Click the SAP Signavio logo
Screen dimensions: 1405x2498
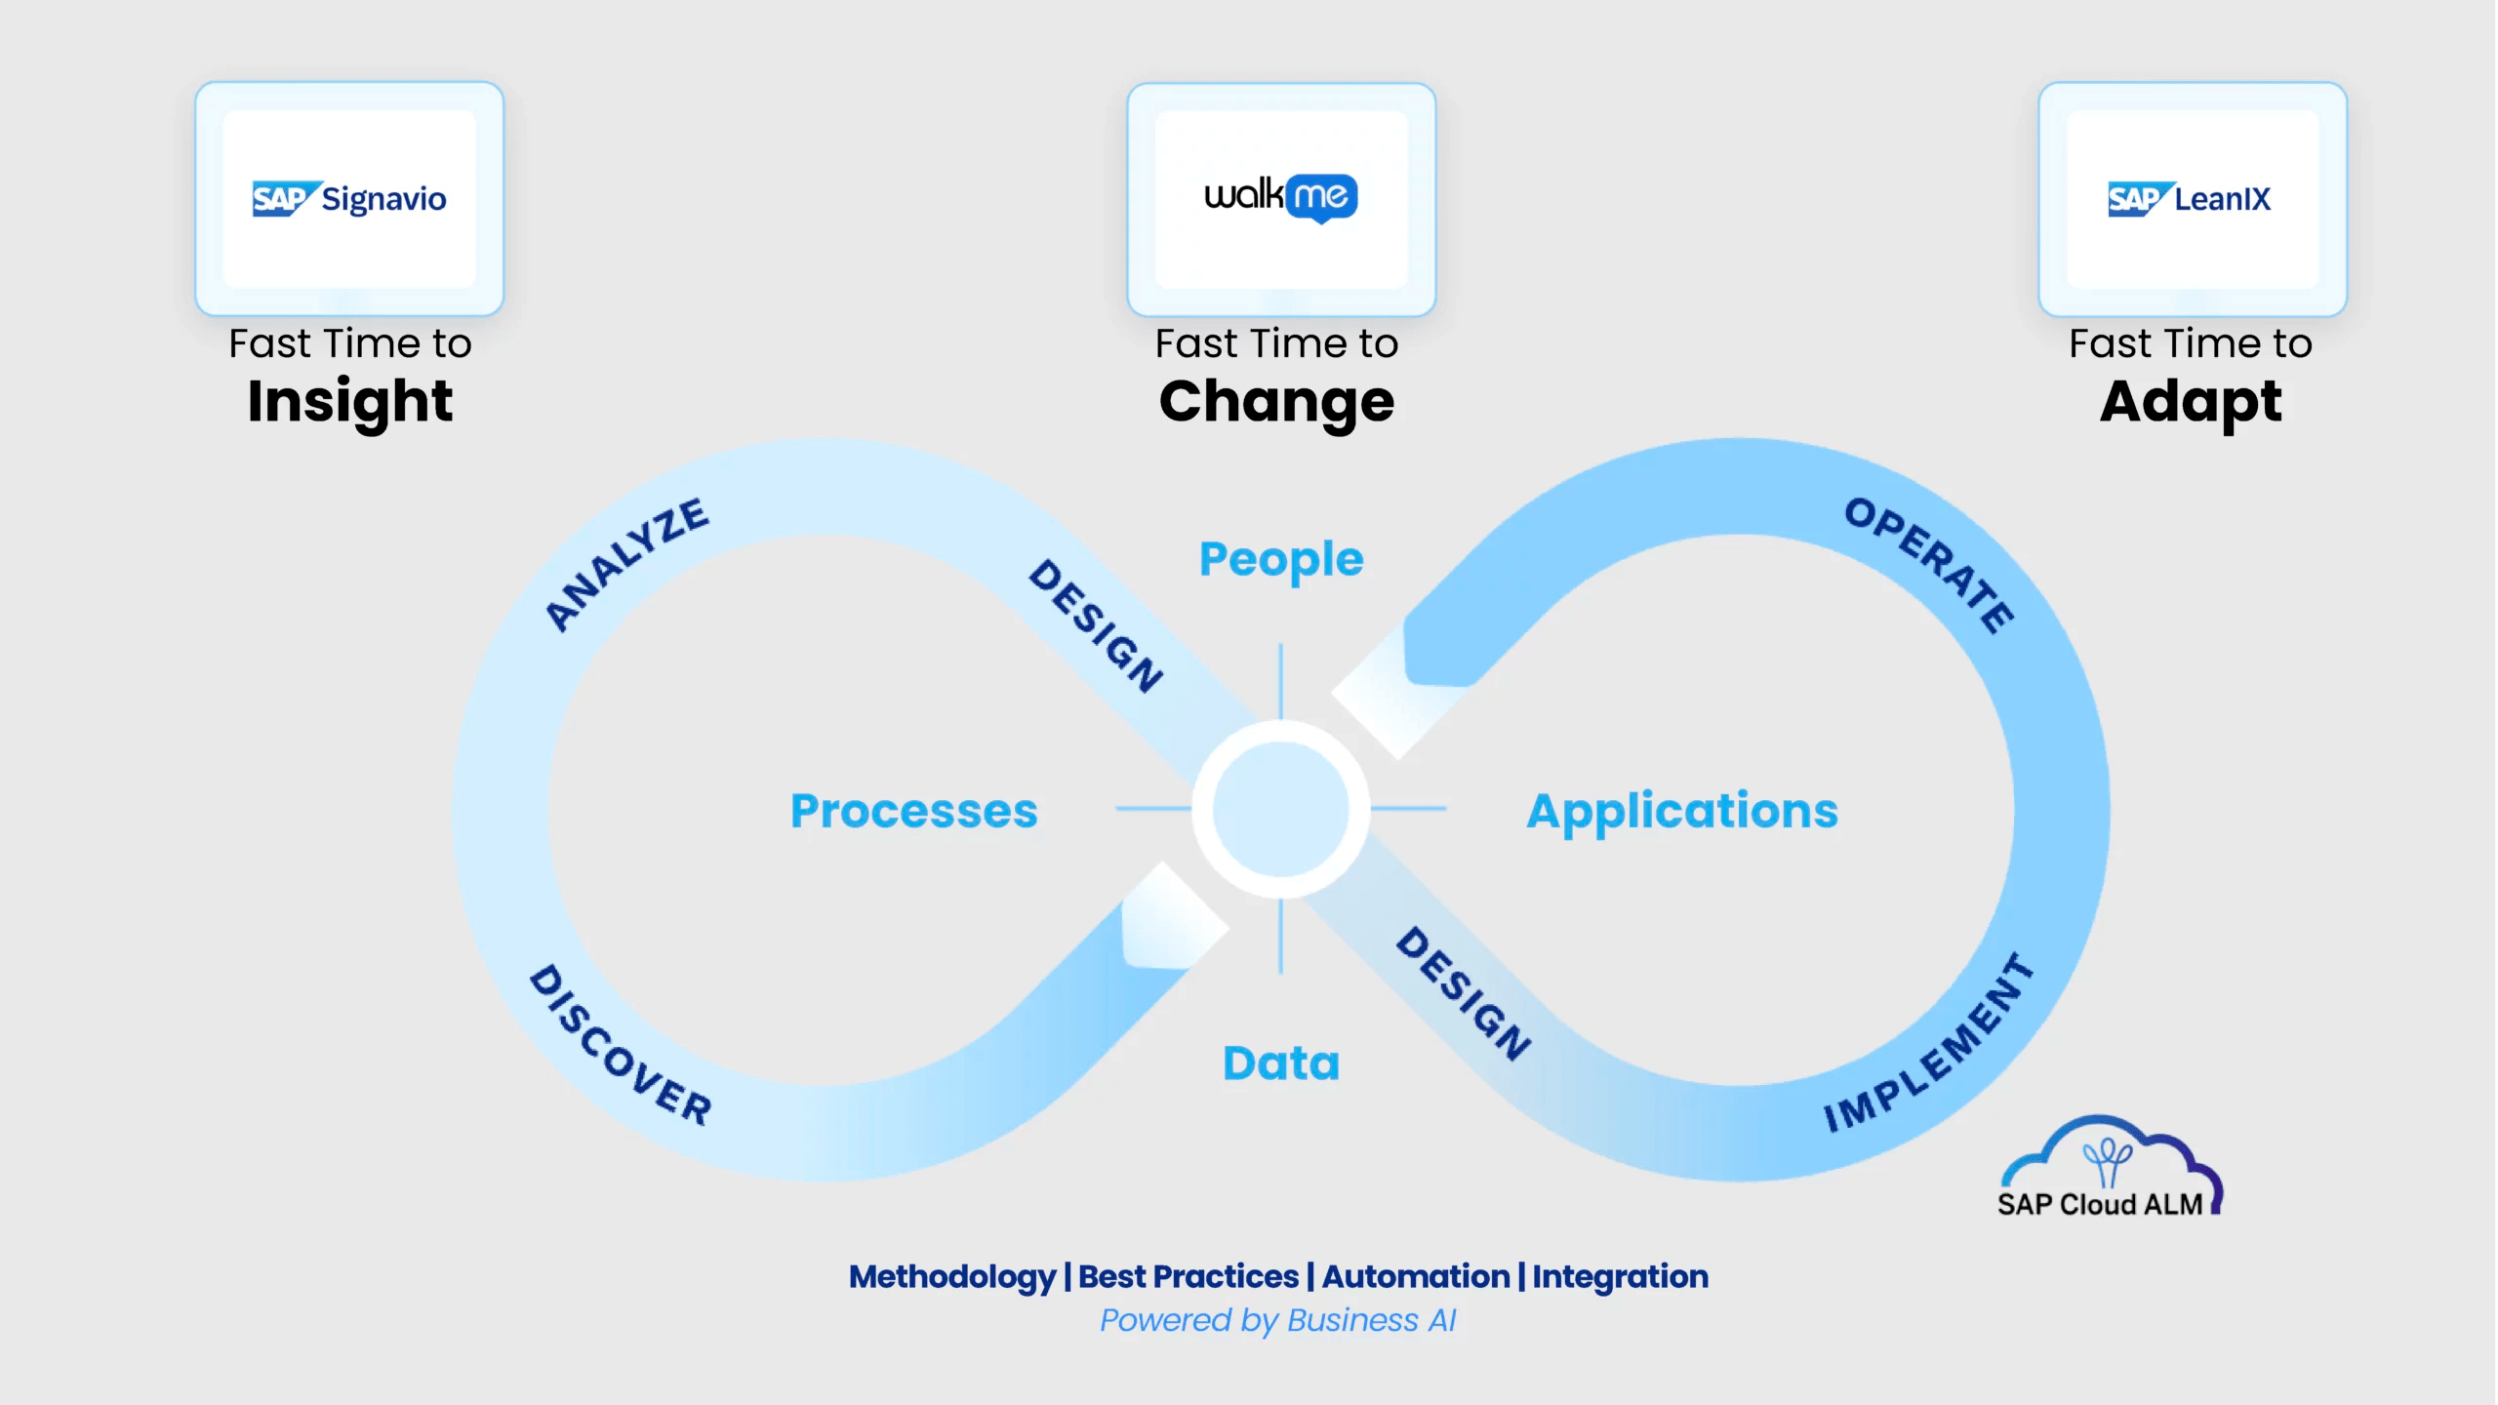point(349,199)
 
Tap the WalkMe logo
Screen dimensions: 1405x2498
point(1281,197)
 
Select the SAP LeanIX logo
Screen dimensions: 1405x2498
point(2190,199)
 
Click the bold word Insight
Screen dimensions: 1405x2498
point(350,401)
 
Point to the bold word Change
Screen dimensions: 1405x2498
point(1276,401)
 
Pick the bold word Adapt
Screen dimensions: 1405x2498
point(2191,401)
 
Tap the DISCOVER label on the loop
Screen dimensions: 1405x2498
point(621,1045)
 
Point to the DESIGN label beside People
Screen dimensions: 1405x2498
point(1096,625)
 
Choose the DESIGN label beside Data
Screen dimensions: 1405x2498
point(1463,993)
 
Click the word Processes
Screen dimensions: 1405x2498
point(914,811)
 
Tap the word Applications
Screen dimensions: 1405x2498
point(1682,811)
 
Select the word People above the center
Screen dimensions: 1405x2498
point(1281,559)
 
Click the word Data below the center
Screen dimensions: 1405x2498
point(1281,1063)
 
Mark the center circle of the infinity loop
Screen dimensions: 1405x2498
point(1280,809)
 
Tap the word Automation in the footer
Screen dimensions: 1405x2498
point(1416,1276)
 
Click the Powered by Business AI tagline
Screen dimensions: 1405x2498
point(1277,1320)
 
